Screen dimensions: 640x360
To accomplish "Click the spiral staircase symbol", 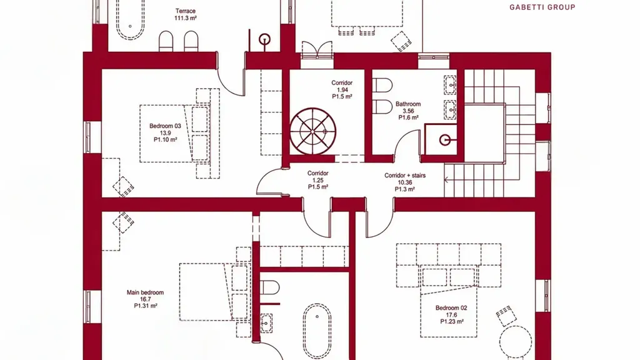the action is coord(313,131).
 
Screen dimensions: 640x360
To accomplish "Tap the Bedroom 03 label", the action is coord(165,132).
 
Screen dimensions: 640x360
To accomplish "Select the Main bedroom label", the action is coord(145,299).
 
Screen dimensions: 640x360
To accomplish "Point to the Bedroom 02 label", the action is coord(451,315).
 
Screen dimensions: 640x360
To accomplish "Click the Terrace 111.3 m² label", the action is coord(185,15).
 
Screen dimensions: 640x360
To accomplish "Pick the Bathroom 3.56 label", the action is coord(408,111).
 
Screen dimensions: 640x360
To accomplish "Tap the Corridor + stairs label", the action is coord(405,182).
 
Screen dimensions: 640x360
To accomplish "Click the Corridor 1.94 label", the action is coord(342,90).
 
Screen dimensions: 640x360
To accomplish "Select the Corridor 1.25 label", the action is coord(318,180).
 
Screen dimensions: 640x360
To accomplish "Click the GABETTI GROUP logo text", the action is coord(542,7).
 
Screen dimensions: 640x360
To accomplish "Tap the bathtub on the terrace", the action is coord(130,19).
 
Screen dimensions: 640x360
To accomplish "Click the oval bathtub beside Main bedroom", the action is coord(317,331).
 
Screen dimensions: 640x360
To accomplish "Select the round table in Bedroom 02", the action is coord(516,342).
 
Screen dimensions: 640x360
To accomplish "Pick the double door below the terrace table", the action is coord(317,50).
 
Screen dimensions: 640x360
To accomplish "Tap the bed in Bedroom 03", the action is coord(175,134).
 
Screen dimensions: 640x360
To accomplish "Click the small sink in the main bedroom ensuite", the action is coord(266,323).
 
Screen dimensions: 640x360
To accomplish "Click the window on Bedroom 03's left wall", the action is coord(87,137).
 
